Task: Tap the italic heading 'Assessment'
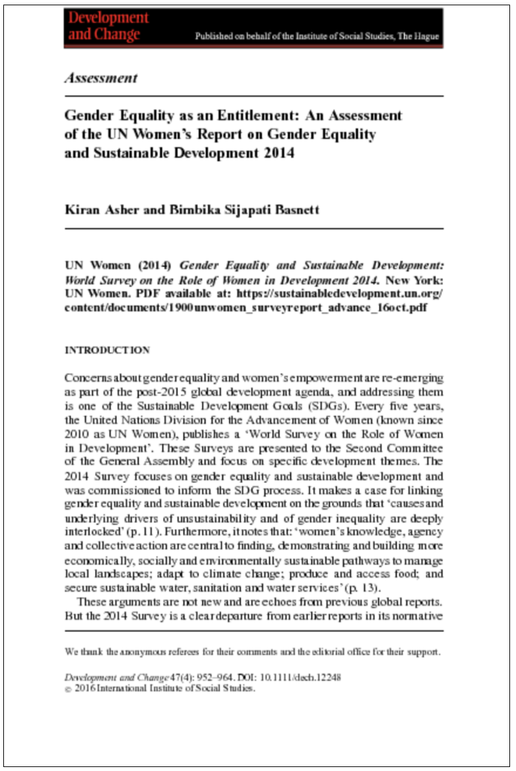click(100, 78)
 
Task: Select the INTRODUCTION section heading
click(107, 350)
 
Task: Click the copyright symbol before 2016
click(68, 689)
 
